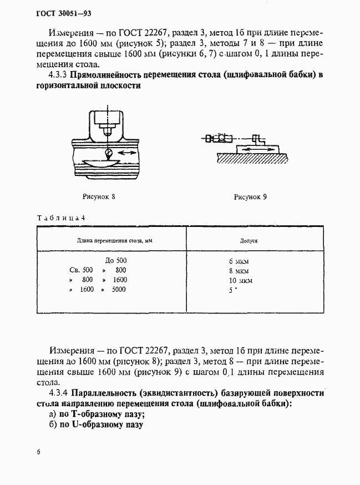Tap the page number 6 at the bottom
38,452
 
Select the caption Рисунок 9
251,196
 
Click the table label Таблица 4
60,218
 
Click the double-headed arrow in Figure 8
128,151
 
